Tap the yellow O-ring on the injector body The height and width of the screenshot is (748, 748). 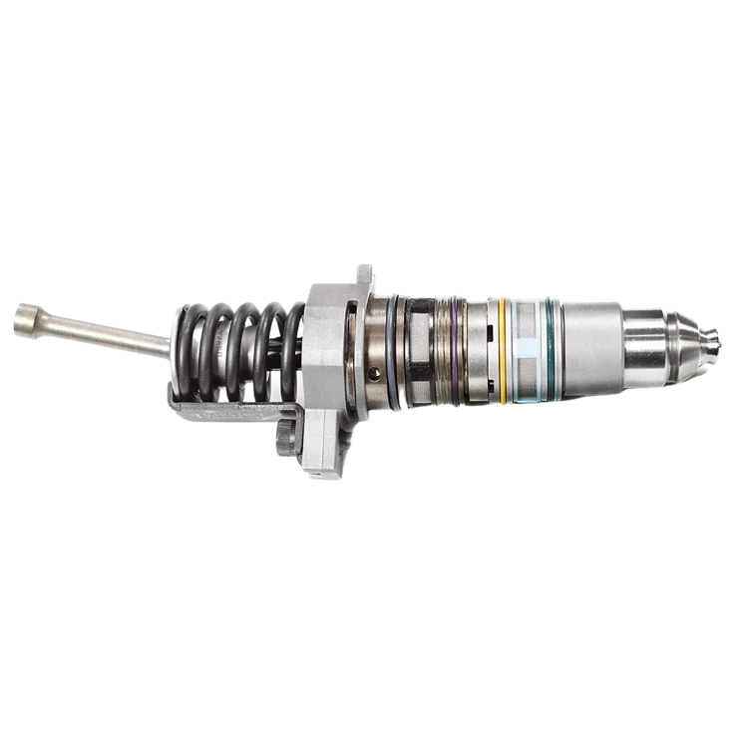pos(502,350)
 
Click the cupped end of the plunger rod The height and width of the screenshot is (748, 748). pos(25,320)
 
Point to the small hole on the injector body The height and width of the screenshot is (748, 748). pos(374,373)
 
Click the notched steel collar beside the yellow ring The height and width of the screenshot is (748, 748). pos(480,351)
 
